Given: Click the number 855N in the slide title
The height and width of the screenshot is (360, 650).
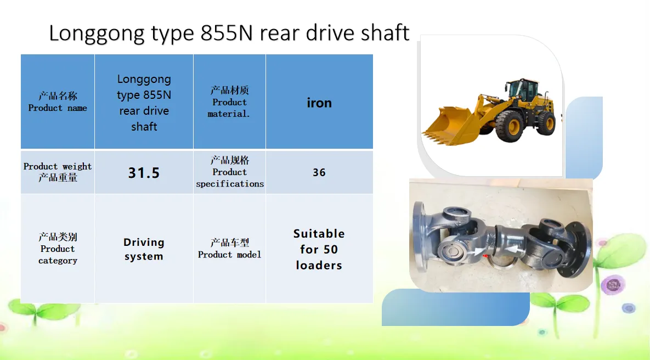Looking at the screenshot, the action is click(227, 33).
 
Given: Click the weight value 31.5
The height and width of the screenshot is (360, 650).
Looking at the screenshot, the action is click(144, 172).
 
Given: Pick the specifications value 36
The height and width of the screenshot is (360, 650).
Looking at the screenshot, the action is click(319, 172).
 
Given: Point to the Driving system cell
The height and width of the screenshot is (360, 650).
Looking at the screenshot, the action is click(144, 249).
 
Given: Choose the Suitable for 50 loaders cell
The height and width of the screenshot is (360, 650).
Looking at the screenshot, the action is click(319, 249).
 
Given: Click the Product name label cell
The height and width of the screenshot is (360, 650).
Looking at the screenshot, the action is click(58, 102).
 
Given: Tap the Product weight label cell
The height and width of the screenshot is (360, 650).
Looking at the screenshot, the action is click(58, 172).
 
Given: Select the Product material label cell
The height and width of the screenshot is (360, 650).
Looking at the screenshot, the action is click(229, 102).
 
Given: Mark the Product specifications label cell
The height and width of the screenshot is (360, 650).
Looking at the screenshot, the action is click(229, 172).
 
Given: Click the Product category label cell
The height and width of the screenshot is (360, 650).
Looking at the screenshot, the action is click(58, 249).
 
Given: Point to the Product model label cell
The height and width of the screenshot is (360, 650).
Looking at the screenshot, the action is click(229, 249).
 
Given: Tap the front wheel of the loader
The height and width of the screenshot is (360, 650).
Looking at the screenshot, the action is click(510, 126).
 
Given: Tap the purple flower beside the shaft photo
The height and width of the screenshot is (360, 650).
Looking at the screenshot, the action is click(613, 284).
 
